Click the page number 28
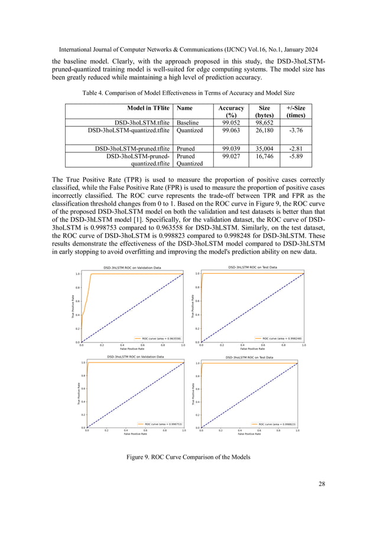321,484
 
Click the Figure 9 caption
188,457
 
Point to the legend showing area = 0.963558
158,338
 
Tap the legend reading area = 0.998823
274,423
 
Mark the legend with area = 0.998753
160,423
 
